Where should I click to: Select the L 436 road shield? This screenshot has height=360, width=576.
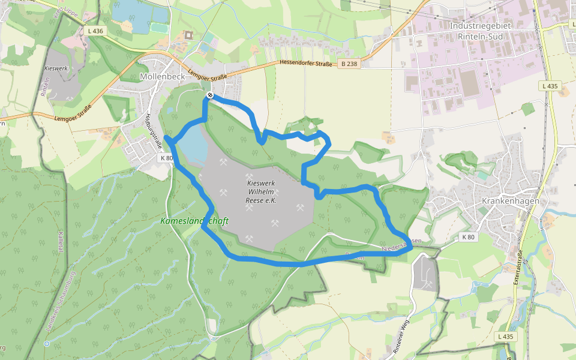click(95, 31)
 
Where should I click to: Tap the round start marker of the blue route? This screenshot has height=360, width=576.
click(210, 95)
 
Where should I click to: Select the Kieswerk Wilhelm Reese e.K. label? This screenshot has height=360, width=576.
click(261, 192)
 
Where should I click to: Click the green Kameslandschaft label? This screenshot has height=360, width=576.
click(194, 221)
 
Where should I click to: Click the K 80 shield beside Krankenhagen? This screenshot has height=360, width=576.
click(469, 237)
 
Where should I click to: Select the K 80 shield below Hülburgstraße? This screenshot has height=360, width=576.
click(167, 158)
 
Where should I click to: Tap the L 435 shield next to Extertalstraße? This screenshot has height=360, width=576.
click(506, 337)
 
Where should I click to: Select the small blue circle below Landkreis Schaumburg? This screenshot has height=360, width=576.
click(46, 344)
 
